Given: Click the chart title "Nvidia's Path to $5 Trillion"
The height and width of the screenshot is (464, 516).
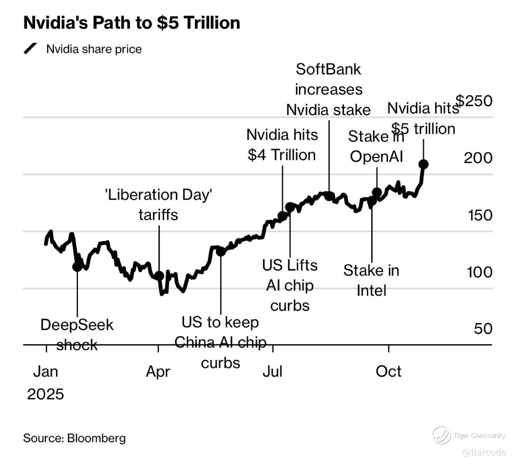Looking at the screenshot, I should point(131,23).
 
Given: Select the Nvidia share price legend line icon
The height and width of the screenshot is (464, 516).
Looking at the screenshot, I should point(30,49).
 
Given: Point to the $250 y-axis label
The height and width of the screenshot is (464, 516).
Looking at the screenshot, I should point(474,101).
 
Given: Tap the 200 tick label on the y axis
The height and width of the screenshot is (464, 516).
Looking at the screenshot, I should point(478,158).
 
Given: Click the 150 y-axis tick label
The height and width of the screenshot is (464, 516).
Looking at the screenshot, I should point(480,215).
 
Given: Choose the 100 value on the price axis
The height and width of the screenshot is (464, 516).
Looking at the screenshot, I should point(479,272).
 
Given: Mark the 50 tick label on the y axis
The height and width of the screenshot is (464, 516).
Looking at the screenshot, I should point(483,329).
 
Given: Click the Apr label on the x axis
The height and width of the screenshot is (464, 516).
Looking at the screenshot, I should point(158,371).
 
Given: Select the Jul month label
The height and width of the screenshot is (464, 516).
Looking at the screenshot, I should point(272,371).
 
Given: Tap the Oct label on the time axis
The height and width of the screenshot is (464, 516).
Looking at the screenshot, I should point(388,371).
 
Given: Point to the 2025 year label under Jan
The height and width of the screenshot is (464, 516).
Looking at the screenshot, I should point(45,394).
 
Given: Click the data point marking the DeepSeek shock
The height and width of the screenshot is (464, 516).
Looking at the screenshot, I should point(77,267).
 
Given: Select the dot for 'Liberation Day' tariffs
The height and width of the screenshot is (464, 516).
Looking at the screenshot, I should point(159,275).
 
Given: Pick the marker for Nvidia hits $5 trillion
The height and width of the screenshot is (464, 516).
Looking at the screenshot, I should point(423,164).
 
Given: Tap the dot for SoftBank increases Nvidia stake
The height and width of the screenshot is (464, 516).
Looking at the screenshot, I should point(329,196).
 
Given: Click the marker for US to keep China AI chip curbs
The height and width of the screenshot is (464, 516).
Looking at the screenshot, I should point(220,251).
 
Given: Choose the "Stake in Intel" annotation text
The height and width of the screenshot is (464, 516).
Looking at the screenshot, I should point(371,280).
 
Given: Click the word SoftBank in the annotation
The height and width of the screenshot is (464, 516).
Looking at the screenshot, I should point(328,69).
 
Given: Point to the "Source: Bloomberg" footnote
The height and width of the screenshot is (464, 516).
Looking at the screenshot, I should point(74,438).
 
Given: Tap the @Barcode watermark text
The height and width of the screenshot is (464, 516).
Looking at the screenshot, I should point(484,452).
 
